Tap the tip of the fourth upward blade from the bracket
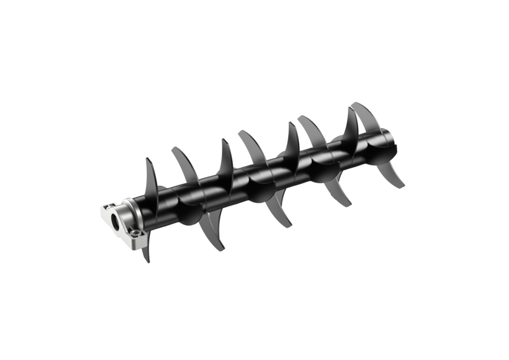241,131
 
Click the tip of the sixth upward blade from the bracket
300,116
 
